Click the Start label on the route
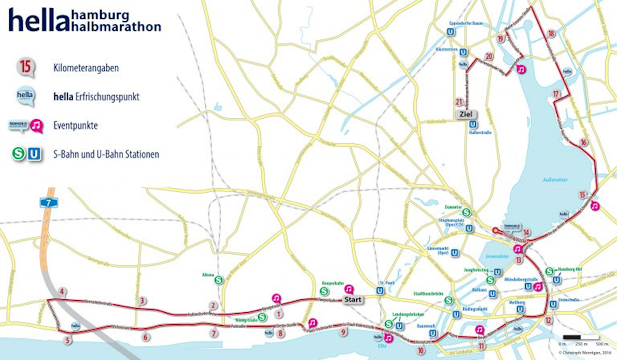[351, 299]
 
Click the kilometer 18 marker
[551, 34]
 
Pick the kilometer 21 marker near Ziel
[458, 102]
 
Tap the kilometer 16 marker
[584, 143]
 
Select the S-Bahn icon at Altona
[219, 279]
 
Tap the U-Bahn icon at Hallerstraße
[472, 123]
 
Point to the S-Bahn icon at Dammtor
[466, 212]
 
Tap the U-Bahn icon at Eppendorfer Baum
[451, 32]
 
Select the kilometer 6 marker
[145, 337]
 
